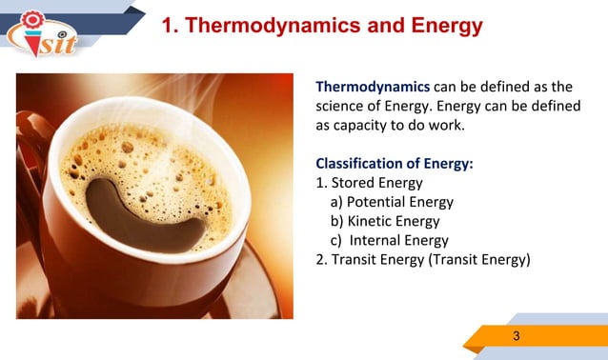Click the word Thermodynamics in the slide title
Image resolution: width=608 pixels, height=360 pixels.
pos(270,26)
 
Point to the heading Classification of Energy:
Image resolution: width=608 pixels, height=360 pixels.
pos(394,164)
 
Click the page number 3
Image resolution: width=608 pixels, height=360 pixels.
pos(516,335)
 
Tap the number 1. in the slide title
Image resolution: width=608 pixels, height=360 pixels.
pos(171,26)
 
